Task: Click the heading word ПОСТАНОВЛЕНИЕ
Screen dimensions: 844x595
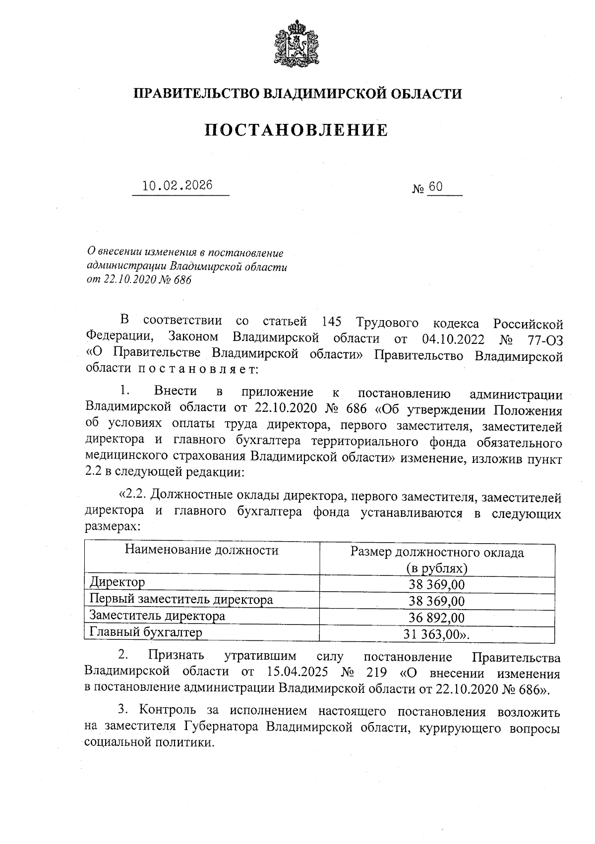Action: click(x=297, y=130)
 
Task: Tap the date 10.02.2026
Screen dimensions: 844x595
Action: click(x=178, y=186)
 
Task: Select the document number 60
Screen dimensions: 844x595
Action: click(x=435, y=187)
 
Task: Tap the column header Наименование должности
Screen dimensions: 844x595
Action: click(x=201, y=550)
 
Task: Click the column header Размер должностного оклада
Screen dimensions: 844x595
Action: click(x=437, y=553)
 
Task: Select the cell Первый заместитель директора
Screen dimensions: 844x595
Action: click(x=181, y=599)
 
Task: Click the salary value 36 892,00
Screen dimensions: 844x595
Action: click(x=437, y=618)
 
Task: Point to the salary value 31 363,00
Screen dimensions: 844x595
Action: click(x=434, y=634)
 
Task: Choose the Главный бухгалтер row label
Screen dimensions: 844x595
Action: click(x=146, y=632)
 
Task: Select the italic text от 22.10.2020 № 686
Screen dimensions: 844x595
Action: click(x=139, y=280)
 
